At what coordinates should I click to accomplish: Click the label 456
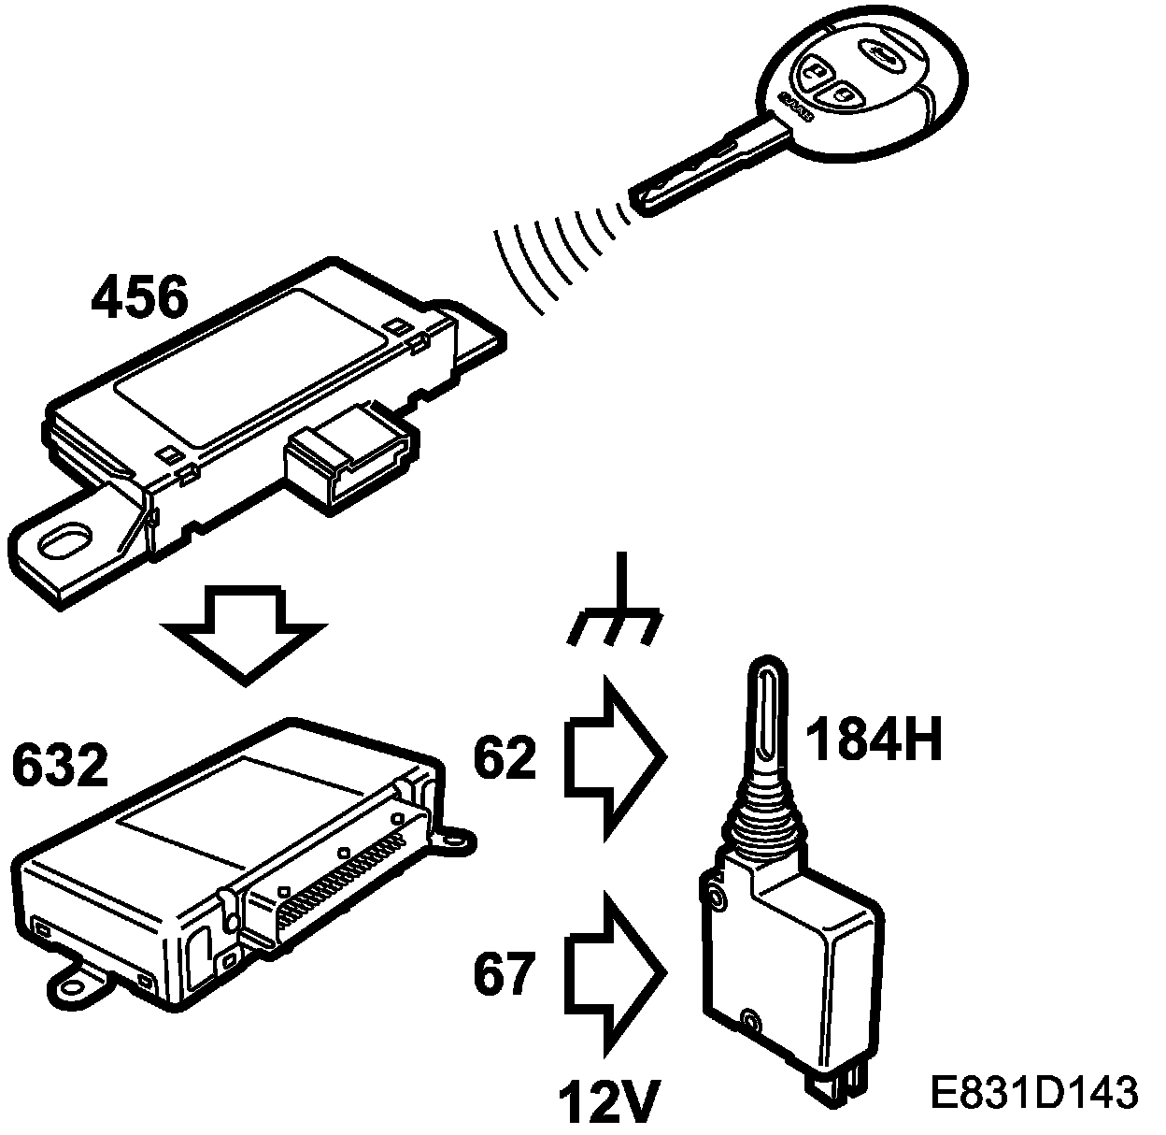tap(140, 298)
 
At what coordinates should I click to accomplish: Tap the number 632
tap(60, 766)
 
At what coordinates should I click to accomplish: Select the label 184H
tap(873, 740)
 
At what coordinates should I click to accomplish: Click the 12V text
tap(605, 1104)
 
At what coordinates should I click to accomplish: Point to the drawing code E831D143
tap(1033, 1093)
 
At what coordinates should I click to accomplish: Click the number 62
tap(505, 758)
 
